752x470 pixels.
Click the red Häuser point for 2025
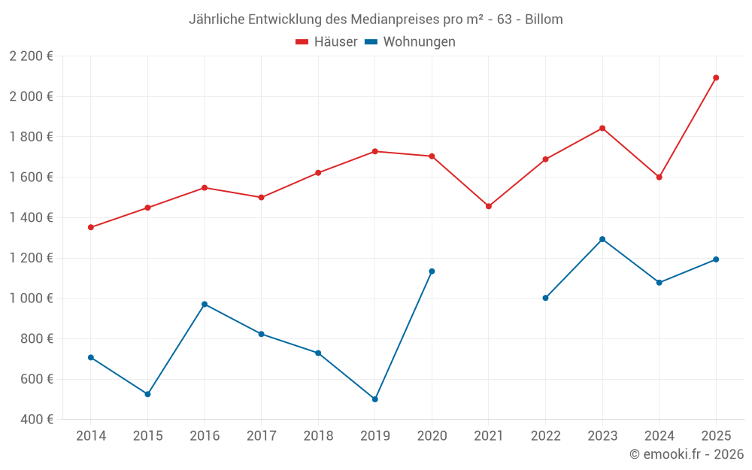click(x=716, y=77)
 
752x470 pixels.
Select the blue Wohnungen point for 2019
click(x=374, y=399)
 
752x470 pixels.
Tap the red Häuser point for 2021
click(x=489, y=206)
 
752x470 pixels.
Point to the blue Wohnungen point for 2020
click(x=432, y=271)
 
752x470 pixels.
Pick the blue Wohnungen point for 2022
click(x=545, y=298)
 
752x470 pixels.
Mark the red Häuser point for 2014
click(x=91, y=227)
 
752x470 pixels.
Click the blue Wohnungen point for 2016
click(x=205, y=305)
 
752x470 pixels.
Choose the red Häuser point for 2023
click(x=602, y=128)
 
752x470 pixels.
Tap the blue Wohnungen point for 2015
click(x=147, y=394)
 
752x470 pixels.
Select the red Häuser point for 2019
click(x=374, y=151)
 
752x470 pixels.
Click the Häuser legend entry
click(x=326, y=42)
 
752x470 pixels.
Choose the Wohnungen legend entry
click(x=411, y=42)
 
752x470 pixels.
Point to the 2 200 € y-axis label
click(x=31, y=56)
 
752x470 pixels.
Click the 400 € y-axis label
click(x=36, y=420)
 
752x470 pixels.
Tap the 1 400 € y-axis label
click(x=31, y=218)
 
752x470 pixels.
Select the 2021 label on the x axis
click(x=489, y=436)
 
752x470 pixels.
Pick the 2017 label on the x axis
click(x=261, y=436)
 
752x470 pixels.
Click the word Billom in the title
click(x=544, y=20)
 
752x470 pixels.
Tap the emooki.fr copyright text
click(x=687, y=454)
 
